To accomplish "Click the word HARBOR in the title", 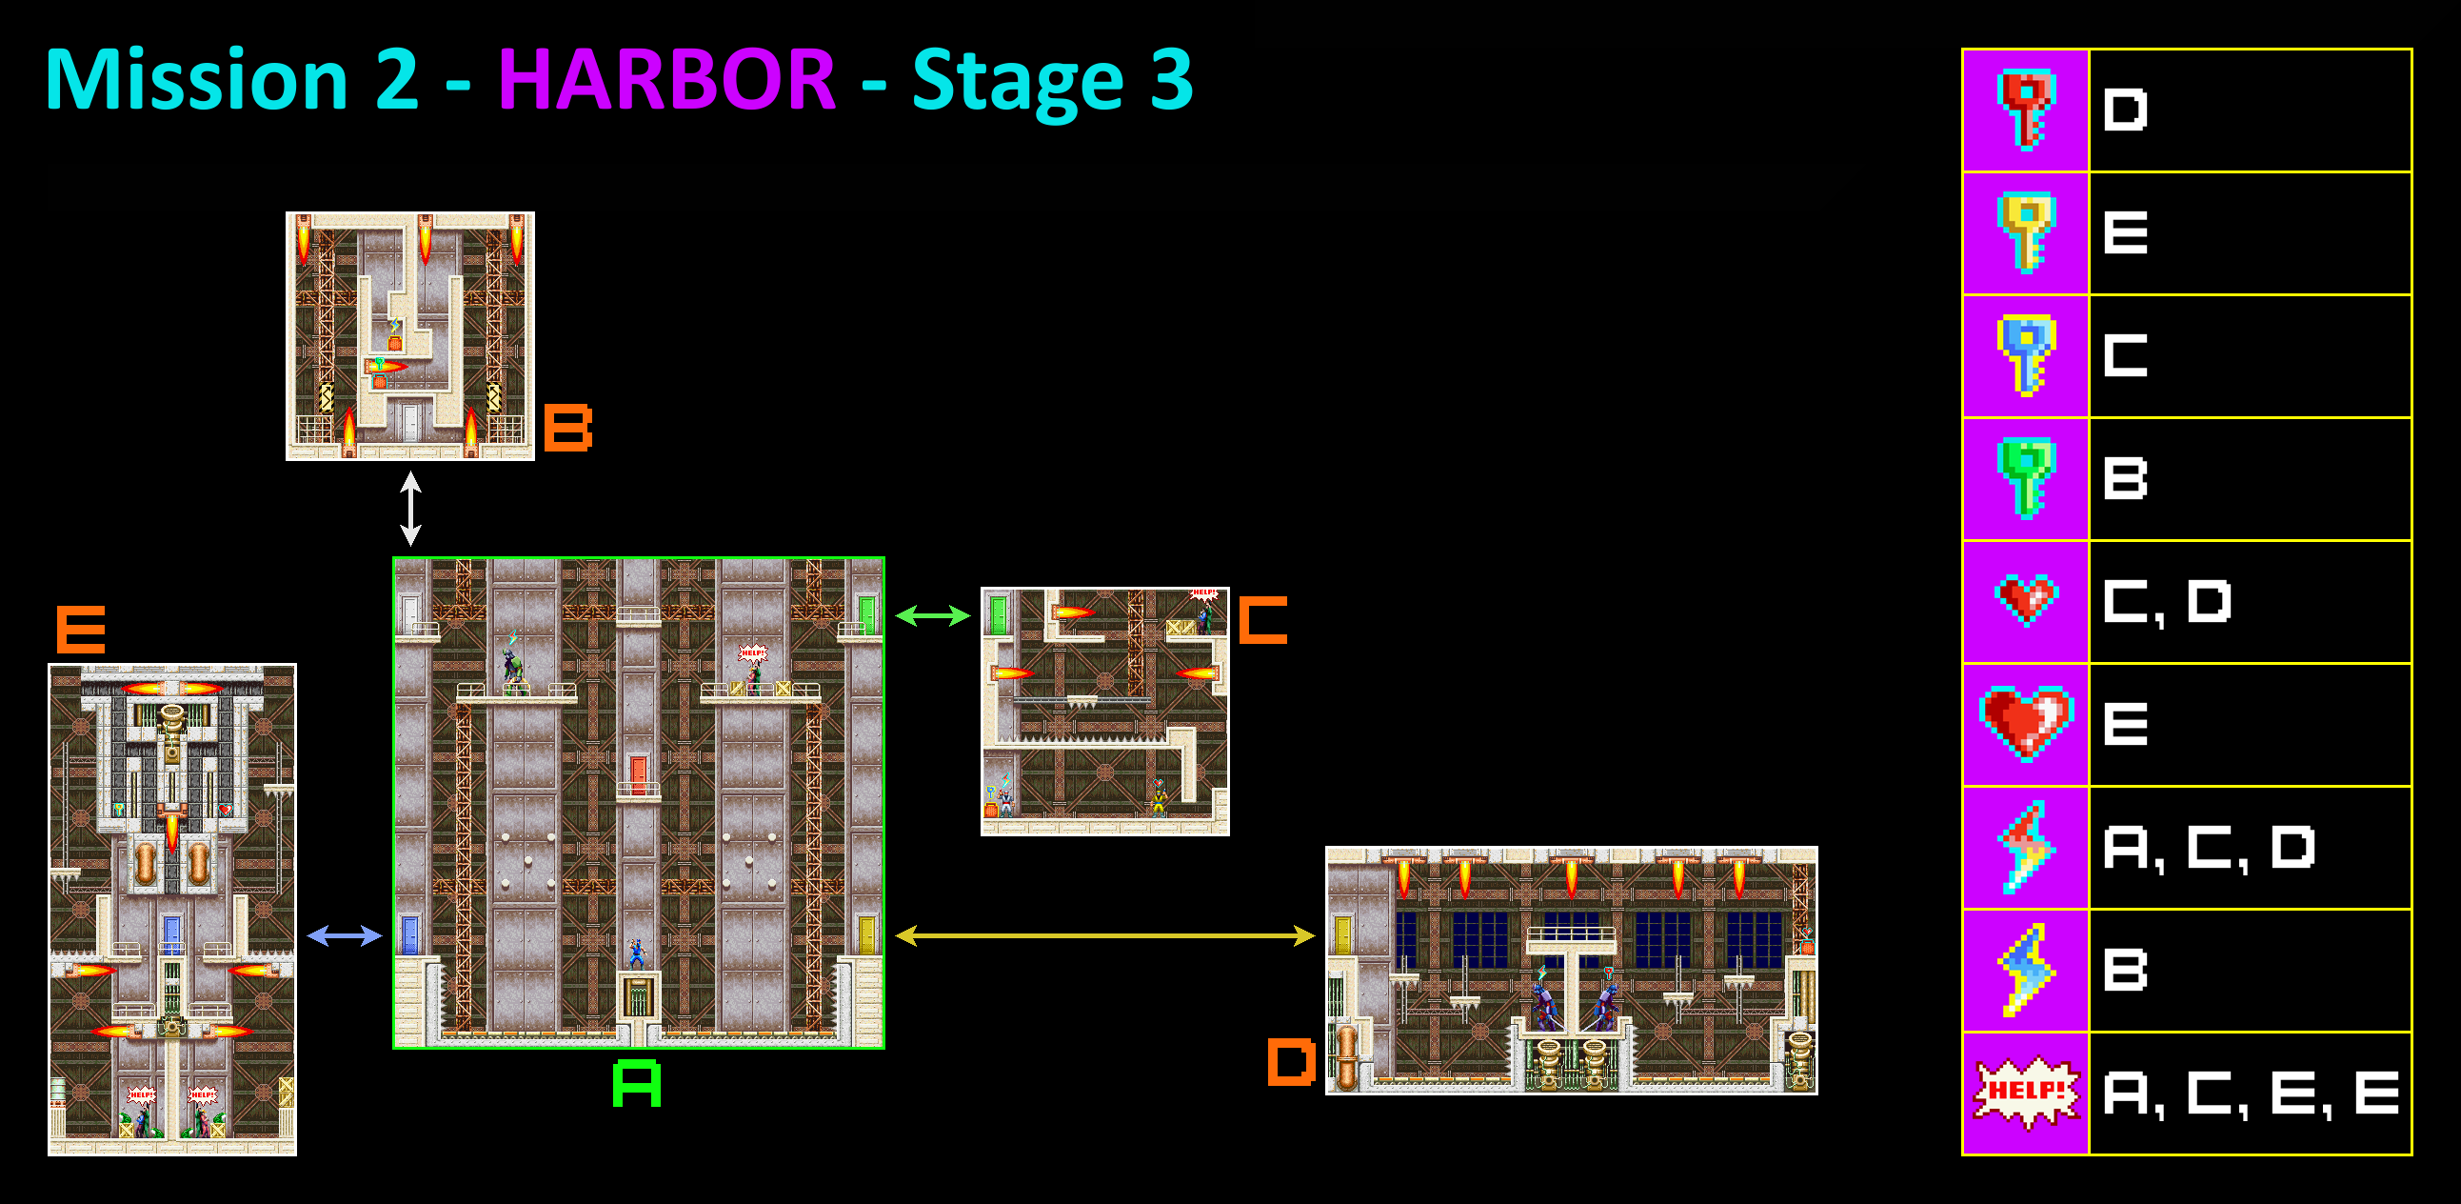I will pyautogui.click(x=665, y=80).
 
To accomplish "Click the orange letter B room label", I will pyautogui.click(x=567, y=427).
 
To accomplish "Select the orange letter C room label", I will pyautogui.click(x=1263, y=620).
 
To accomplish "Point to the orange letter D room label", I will pyautogui.click(x=1291, y=1063).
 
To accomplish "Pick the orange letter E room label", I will pyautogui.click(x=81, y=630).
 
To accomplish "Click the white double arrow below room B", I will pyautogui.click(x=411, y=509).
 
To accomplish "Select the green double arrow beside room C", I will pyautogui.click(x=932, y=616).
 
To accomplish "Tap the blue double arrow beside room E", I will pyautogui.click(x=344, y=935).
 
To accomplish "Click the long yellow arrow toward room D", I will pyautogui.click(x=1104, y=935).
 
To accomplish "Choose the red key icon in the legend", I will pyautogui.click(x=2024, y=110).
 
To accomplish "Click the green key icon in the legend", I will pyautogui.click(x=2024, y=478).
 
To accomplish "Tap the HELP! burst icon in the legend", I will pyautogui.click(x=2025, y=1093).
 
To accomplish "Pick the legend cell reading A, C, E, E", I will pyautogui.click(x=2250, y=1093).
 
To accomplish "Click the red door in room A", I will pyautogui.click(x=638, y=774).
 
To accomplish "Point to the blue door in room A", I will pyautogui.click(x=409, y=933).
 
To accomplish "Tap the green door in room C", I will pyautogui.click(x=999, y=614).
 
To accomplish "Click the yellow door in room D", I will pyautogui.click(x=1342, y=933).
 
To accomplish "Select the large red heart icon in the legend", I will pyautogui.click(x=2025, y=723).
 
